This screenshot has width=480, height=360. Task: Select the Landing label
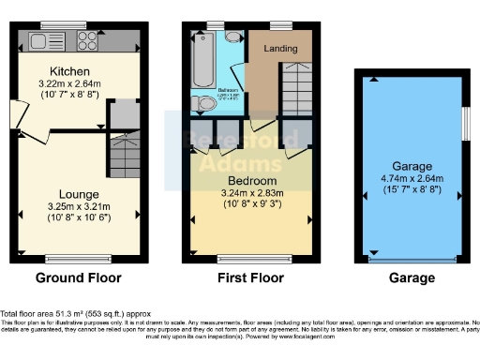tap(280, 49)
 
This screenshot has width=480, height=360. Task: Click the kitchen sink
tap(45, 40)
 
